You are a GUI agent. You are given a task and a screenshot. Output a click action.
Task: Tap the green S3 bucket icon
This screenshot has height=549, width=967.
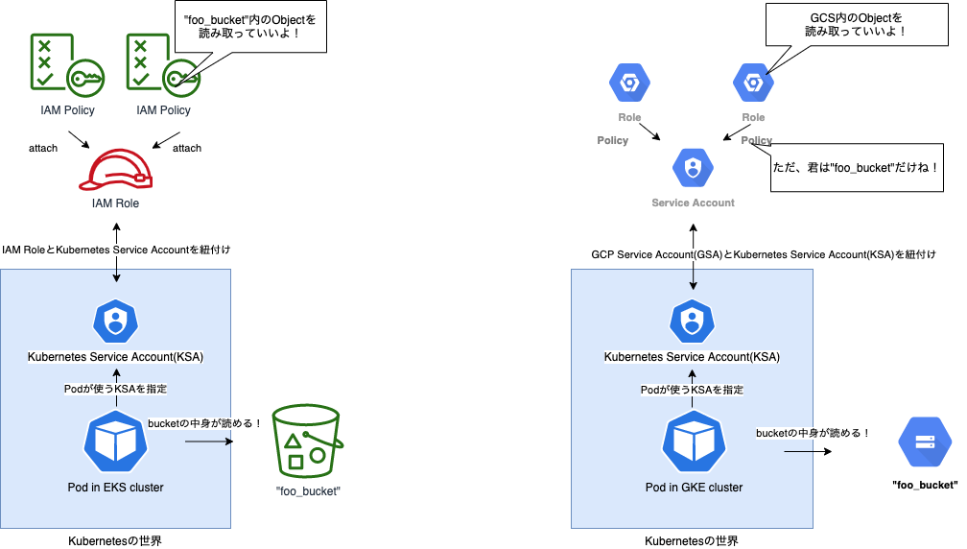[305, 441]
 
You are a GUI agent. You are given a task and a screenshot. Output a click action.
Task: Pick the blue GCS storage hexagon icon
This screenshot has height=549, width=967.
[925, 442]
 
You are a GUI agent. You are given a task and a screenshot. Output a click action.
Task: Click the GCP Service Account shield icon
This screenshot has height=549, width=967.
[693, 168]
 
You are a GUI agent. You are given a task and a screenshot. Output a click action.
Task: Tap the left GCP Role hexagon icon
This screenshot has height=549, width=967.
[629, 83]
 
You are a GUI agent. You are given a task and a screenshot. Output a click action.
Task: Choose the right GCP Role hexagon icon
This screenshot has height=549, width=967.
[753, 83]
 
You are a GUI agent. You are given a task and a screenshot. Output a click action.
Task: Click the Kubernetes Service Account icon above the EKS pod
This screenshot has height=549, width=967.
[116, 321]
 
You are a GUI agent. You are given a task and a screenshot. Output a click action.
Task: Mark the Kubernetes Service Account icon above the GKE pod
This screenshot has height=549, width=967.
[693, 321]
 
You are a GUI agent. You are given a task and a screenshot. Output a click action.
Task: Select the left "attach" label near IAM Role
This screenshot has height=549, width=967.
[42, 148]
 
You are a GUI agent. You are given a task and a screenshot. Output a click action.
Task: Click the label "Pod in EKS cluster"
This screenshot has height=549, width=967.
[115, 487]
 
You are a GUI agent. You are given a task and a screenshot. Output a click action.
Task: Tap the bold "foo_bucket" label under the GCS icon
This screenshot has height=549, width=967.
[925, 485]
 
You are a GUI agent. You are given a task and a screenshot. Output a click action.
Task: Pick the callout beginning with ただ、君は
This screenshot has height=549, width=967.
[855, 167]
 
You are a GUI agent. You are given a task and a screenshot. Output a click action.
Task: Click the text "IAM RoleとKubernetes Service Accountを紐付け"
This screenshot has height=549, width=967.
[116, 250]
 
